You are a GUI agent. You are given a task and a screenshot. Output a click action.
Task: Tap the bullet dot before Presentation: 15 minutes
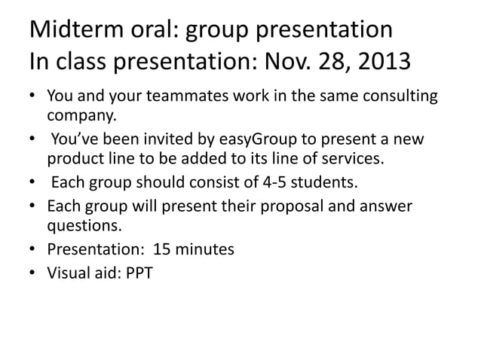click(33, 250)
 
